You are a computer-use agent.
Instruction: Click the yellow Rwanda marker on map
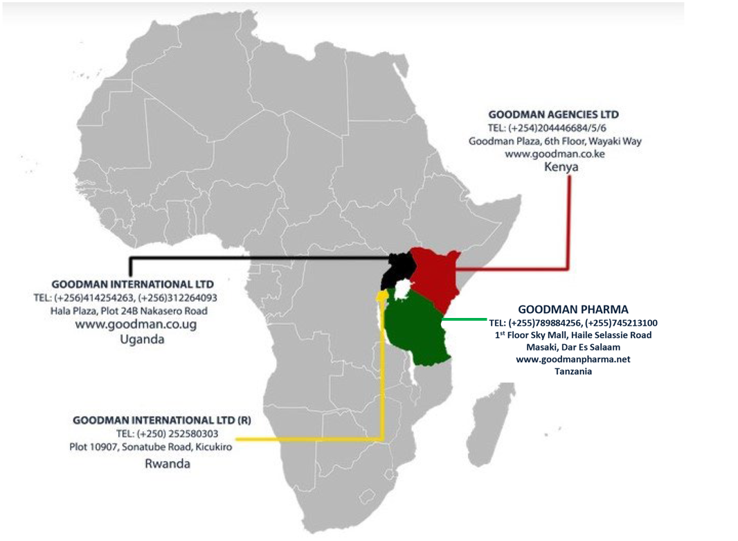[x=381, y=296]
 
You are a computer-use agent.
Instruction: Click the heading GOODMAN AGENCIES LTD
[x=554, y=114]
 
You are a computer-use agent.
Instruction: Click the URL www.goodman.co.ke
[x=555, y=154]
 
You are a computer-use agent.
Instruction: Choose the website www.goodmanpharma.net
[x=573, y=360]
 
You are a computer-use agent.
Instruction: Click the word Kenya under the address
[x=561, y=168]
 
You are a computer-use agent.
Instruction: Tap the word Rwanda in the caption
[x=167, y=463]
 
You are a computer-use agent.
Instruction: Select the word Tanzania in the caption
[x=573, y=371]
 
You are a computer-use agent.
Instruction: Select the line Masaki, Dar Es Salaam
[x=573, y=347]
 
